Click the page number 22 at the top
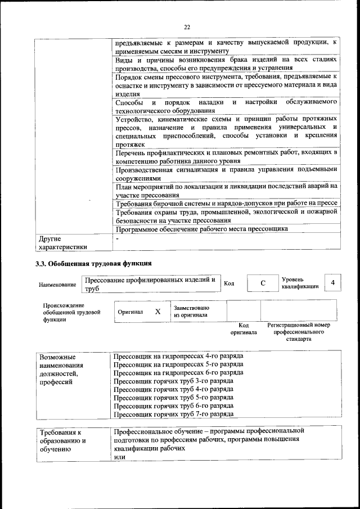click(x=187, y=26)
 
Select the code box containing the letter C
click(x=263, y=283)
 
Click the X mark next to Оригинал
click(x=157, y=311)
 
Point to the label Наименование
click(x=57, y=285)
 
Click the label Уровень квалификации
click(x=299, y=282)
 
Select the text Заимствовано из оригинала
click(x=191, y=311)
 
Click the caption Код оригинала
click(x=244, y=329)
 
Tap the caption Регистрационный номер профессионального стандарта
click(x=298, y=332)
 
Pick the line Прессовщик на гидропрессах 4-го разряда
click(x=178, y=356)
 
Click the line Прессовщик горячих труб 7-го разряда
click(x=173, y=414)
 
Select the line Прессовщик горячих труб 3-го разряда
click(x=173, y=381)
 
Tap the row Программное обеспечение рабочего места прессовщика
click(x=201, y=229)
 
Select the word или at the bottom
click(x=119, y=457)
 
